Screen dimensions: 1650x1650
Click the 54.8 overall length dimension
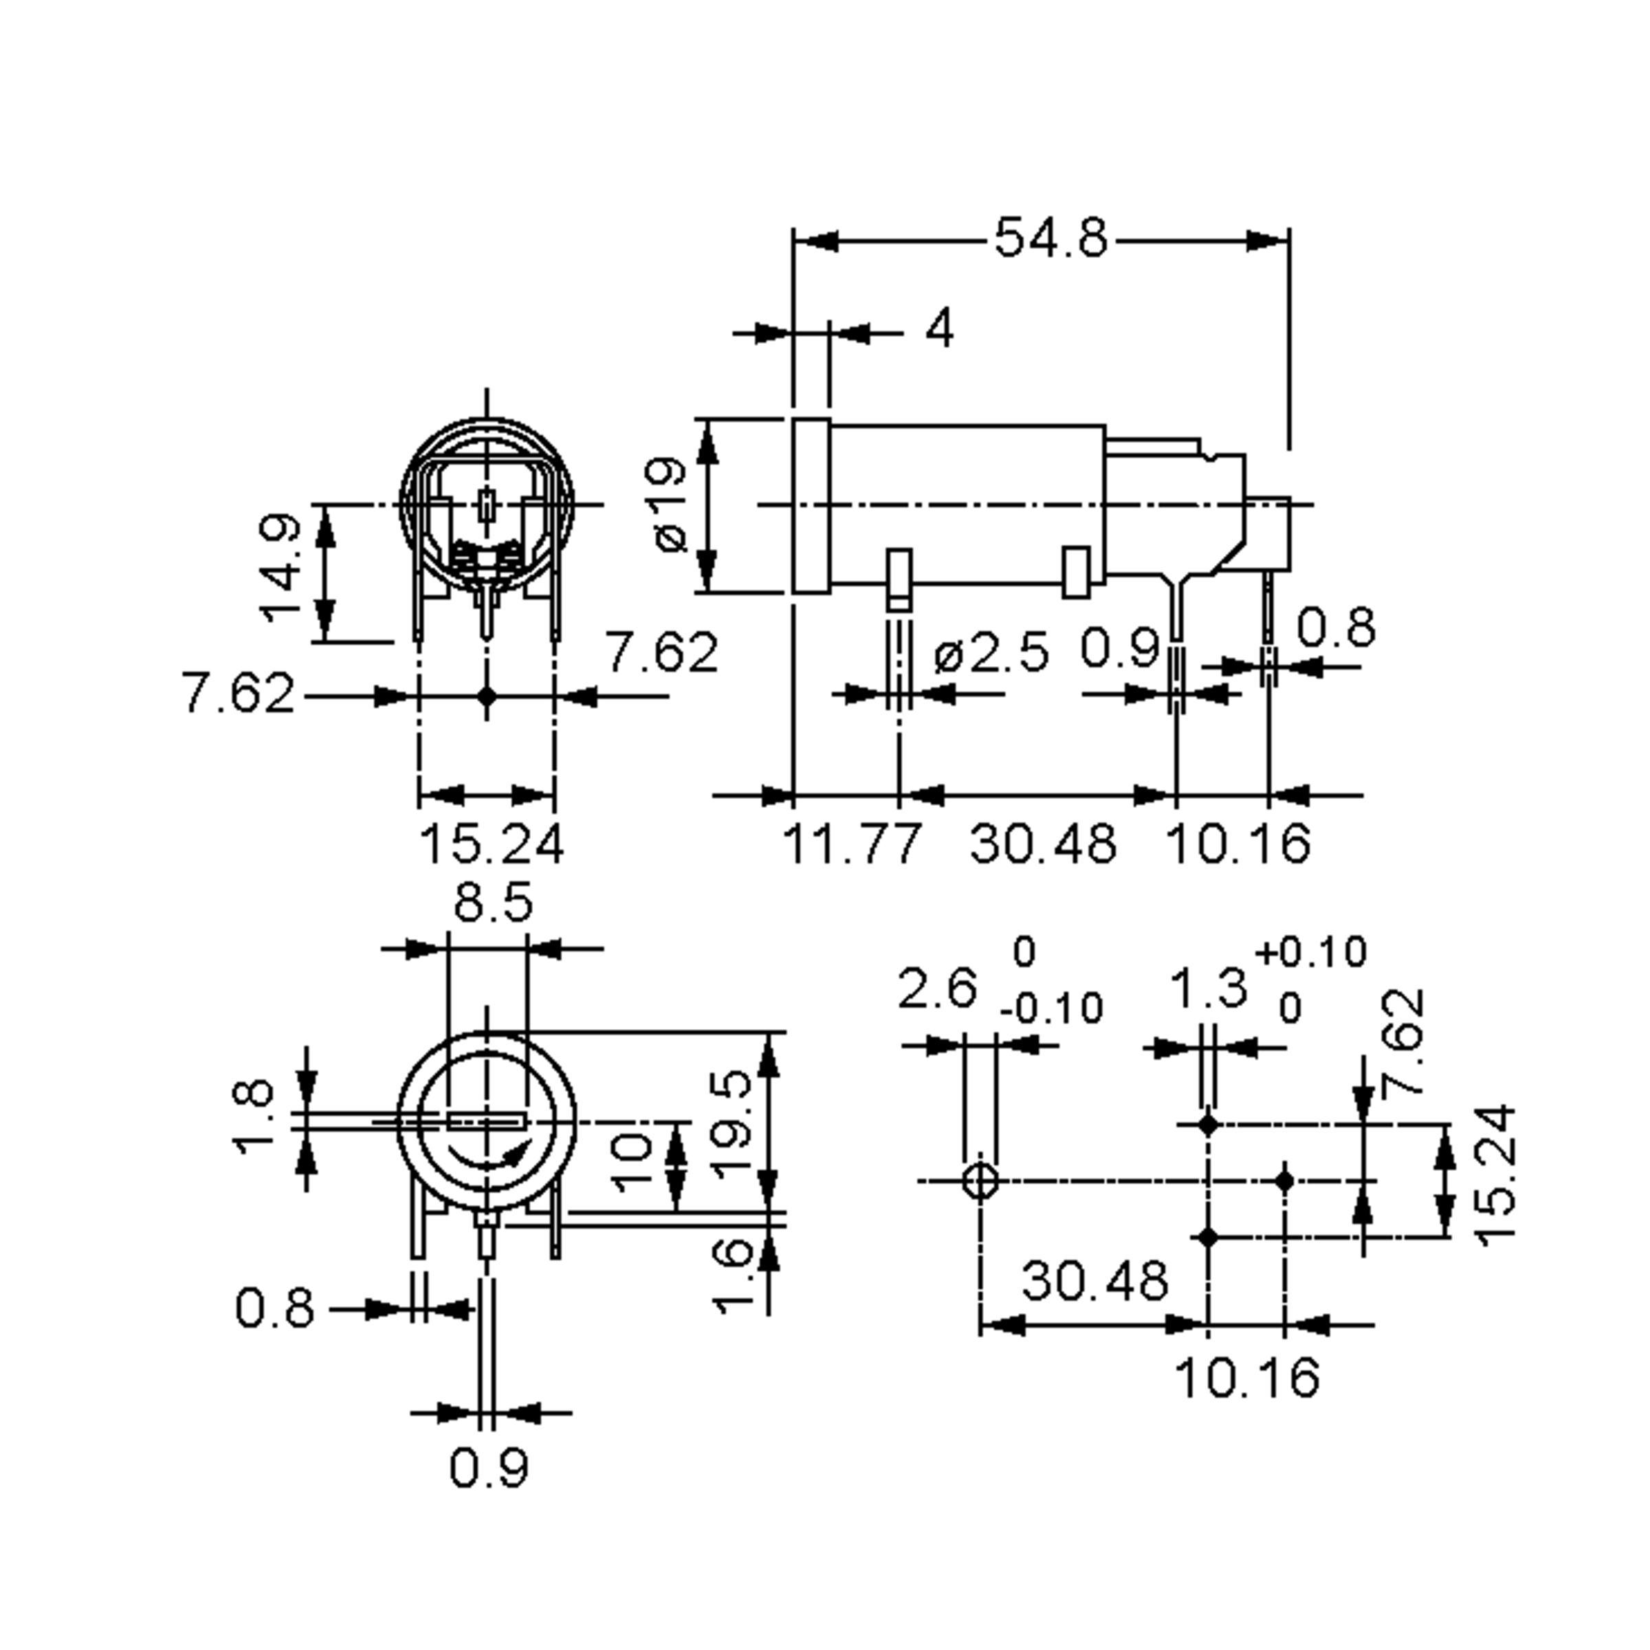click(x=1050, y=239)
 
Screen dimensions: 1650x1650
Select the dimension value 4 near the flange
click(x=939, y=329)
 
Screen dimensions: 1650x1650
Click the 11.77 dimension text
click(x=852, y=844)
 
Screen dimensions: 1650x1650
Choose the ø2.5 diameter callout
click(x=991, y=653)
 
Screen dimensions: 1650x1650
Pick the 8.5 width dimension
click(x=493, y=903)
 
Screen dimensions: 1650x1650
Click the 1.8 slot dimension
click(x=254, y=1118)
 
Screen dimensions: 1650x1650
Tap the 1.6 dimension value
click(x=733, y=1277)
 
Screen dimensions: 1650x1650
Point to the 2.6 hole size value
click(x=937, y=989)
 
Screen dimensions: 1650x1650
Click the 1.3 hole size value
click(x=1207, y=989)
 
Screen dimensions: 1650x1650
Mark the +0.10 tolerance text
click(x=1311, y=952)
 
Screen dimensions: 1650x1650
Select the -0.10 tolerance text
click(x=1051, y=1009)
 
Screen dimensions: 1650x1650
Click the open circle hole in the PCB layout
click(x=980, y=1182)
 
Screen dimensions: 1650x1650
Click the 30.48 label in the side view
click(x=1043, y=844)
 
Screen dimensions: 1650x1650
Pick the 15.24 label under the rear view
click(x=491, y=844)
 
